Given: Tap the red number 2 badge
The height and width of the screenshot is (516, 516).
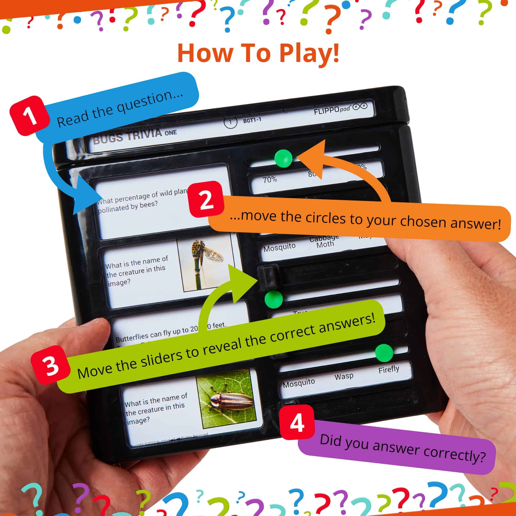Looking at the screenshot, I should coord(206,199).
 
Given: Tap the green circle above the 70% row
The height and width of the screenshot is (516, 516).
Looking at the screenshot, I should coord(283,158).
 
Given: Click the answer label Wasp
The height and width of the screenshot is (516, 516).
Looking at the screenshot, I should coord(344,376).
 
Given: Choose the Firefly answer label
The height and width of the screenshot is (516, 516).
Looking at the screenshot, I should coord(388,370).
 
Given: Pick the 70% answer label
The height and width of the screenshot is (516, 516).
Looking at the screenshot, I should coord(270,180).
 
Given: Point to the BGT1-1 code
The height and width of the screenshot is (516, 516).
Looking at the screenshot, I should coord(252,121).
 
